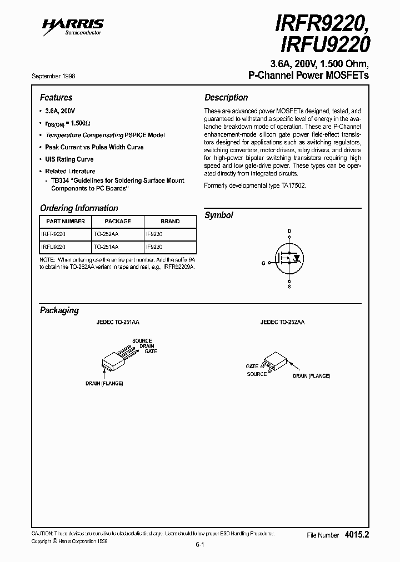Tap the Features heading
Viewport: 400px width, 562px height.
56,97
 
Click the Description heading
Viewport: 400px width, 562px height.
226,97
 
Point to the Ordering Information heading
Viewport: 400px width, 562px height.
79,208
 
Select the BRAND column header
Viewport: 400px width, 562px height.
170,221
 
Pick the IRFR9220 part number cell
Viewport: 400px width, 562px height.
54,234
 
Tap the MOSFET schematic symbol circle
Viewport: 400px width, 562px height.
288,258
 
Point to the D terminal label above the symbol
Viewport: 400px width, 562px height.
289,230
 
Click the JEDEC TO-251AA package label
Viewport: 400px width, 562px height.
119,322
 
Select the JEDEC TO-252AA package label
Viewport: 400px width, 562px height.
282,322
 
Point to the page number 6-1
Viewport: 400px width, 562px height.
200,545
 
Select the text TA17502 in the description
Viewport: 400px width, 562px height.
292,185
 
